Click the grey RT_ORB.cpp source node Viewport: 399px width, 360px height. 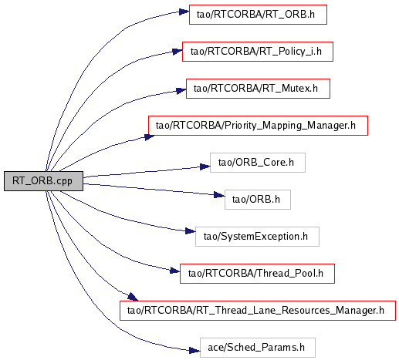43,181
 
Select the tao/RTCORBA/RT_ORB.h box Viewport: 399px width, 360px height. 258,15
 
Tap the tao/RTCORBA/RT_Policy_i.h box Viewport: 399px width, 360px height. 258,52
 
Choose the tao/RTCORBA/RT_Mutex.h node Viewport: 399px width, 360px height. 258,89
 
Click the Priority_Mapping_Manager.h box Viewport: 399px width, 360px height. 258,126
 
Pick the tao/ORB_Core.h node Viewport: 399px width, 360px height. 258,163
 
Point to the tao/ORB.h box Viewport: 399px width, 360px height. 258,200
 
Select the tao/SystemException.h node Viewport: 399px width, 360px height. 257,237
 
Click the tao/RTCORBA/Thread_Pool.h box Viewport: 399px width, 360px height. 257,274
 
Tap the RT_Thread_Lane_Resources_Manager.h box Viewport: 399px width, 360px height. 258,311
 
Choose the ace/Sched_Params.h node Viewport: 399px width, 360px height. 258,348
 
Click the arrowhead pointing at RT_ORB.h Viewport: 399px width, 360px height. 184,12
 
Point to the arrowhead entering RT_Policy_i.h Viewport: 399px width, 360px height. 178,52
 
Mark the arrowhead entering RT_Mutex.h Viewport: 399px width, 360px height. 181,91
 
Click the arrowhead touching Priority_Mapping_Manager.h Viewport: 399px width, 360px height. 150,137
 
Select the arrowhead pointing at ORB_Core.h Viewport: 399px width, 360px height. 205,167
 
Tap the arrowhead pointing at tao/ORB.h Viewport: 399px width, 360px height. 220,195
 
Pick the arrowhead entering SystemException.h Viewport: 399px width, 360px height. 191,231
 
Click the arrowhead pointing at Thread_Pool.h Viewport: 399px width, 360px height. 175,271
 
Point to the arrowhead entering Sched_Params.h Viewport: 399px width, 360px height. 194,350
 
